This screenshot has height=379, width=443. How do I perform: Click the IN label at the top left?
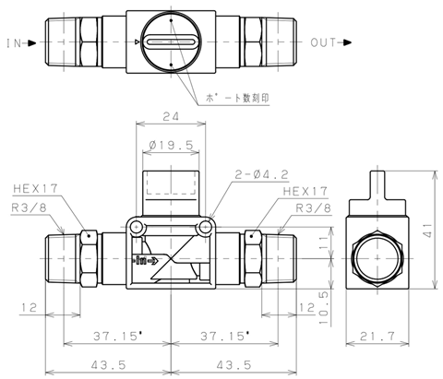pyautogui.click(x=14, y=43)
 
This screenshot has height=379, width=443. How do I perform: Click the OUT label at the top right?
pyautogui.click(x=323, y=42)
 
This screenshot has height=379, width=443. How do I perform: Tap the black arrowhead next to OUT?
pyautogui.click(x=347, y=42)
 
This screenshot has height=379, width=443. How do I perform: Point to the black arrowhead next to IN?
pyautogui.click(x=32, y=43)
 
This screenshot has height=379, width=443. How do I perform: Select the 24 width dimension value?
pyautogui.click(x=171, y=116)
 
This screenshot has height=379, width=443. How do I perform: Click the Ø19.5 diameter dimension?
pyautogui.click(x=171, y=145)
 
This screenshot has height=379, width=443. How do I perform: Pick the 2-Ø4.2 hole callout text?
pyautogui.click(x=262, y=174)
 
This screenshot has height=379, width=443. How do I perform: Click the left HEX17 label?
pyautogui.click(x=35, y=188)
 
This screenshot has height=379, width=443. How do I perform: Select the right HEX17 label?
pyautogui.click(x=305, y=191)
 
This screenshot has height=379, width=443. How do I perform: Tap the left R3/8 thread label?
pyautogui.click(x=29, y=207)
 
